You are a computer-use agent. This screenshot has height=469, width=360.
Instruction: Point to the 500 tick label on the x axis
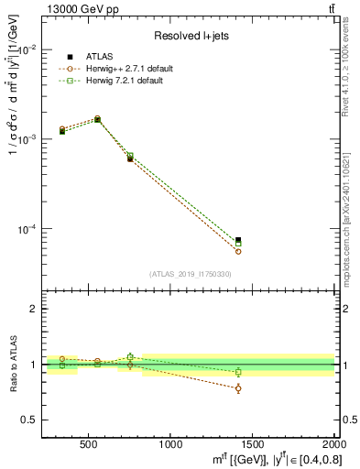click(89, 445)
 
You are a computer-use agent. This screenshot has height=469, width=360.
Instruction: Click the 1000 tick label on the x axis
click(170, 445)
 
